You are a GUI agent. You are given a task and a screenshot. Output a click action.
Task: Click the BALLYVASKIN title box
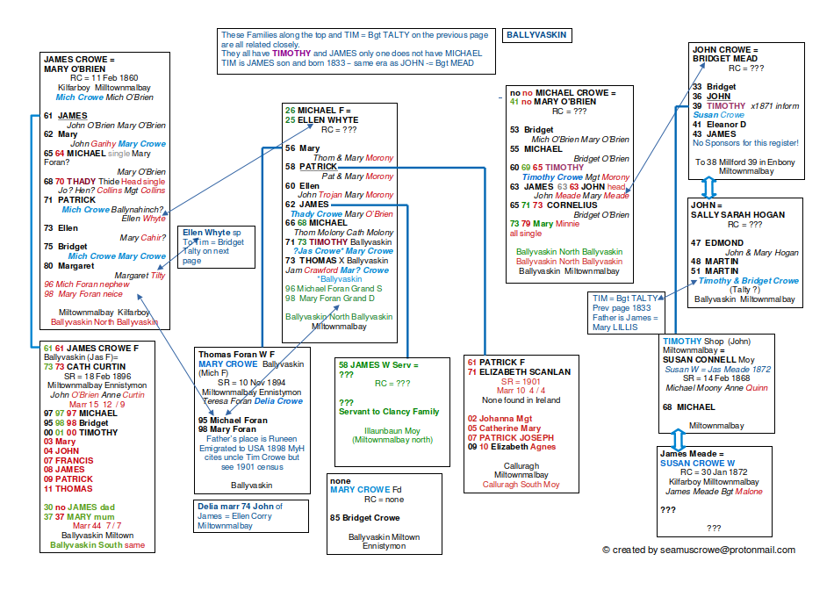tap(536, 36)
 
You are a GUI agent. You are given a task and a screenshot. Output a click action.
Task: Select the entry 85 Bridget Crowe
tap(366, 518)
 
